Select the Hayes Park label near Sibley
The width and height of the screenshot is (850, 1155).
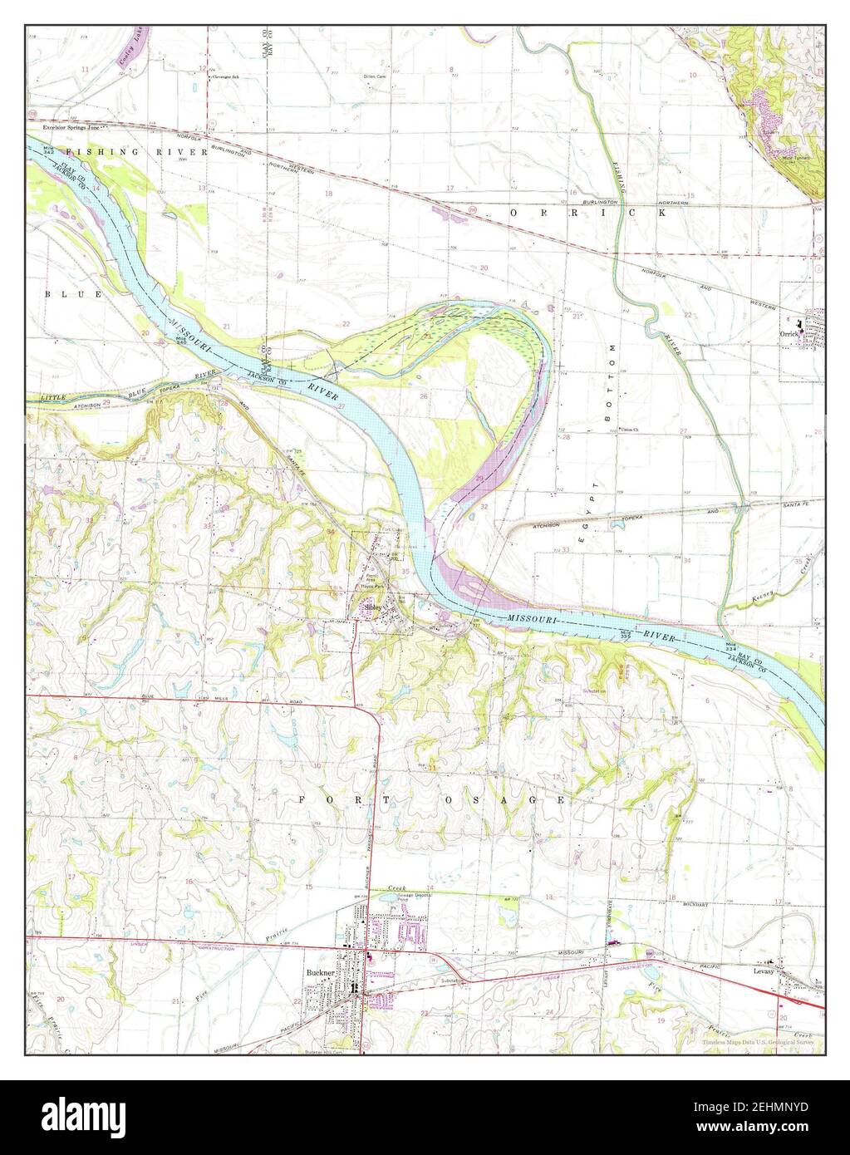pyautogui.click(x=371, y=587)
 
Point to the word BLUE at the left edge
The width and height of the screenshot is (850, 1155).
pyautogui.click(x=61, y=294)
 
